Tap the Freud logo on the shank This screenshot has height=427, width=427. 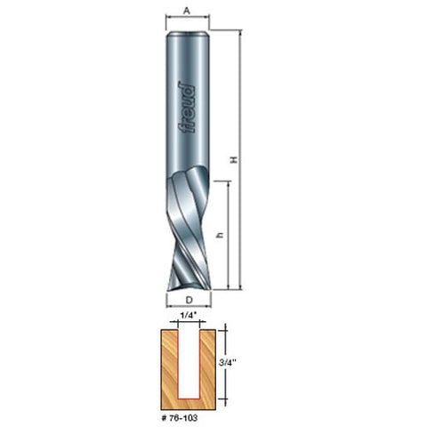click(x=187, y=109)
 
